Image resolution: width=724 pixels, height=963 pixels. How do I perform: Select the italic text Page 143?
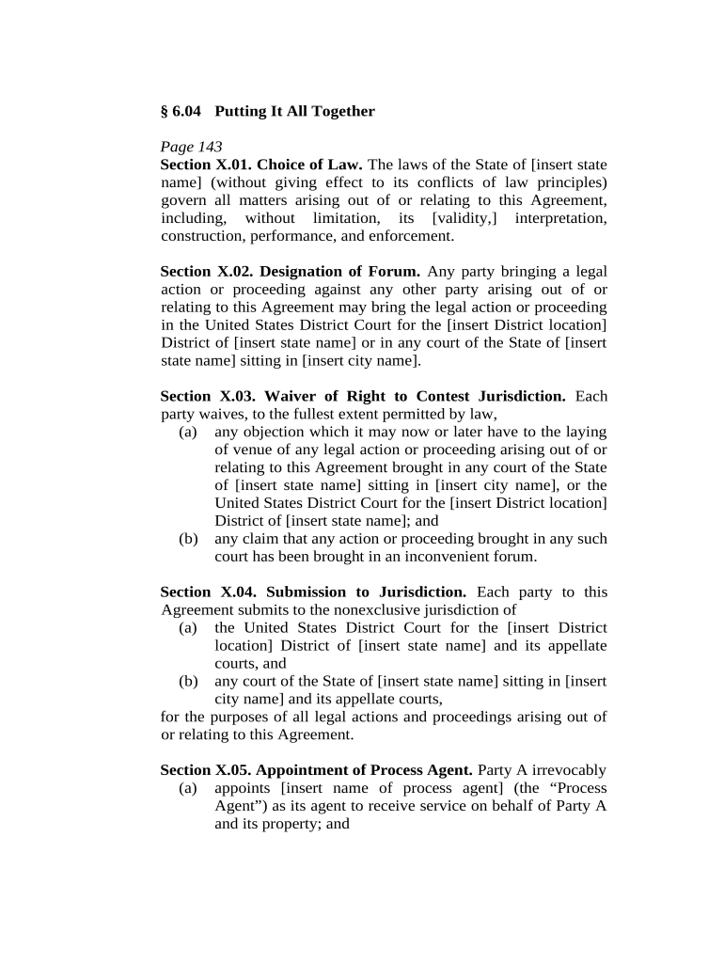click(192, 147)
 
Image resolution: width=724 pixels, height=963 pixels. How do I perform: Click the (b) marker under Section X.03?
click(188, 540)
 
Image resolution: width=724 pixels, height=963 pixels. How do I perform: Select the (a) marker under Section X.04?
click(188, 628)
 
